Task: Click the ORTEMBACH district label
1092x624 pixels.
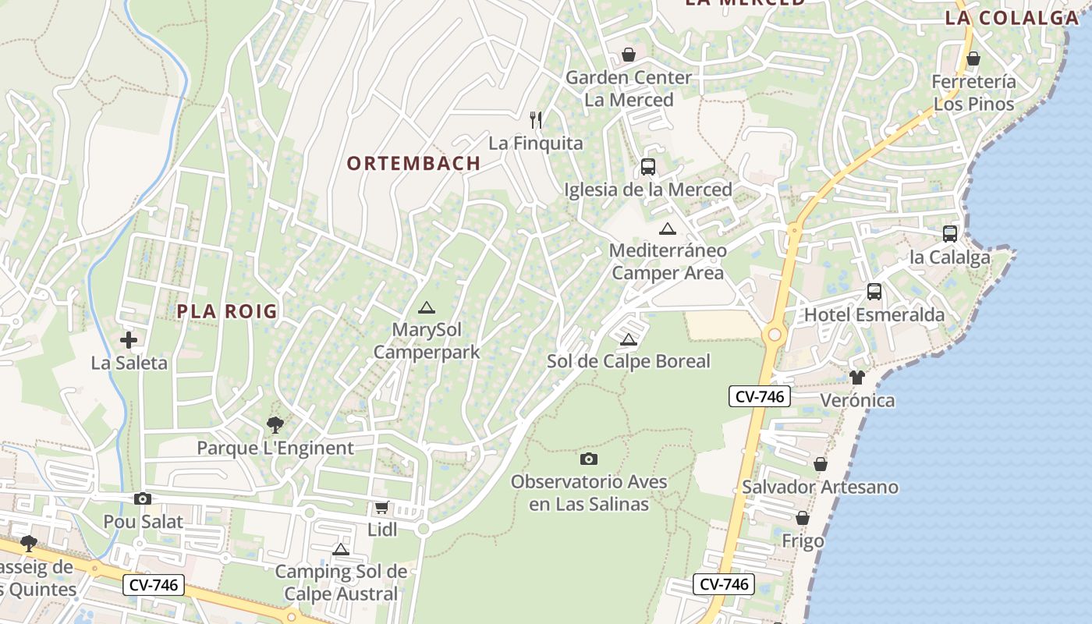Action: (413, 163)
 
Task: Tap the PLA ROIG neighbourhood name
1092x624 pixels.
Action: (227, 311)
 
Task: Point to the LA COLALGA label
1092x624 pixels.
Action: (1012, 18)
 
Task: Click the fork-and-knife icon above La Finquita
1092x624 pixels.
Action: (536, 119)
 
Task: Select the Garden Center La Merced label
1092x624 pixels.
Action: (629, 88)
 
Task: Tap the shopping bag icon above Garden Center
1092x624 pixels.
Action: (628, 55)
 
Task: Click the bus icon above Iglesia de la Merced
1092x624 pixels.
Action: (648, 166)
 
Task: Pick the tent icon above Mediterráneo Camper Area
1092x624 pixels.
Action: (667, 229)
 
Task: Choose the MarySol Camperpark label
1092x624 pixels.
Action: (427, 341)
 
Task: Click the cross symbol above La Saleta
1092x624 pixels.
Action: (129, 340)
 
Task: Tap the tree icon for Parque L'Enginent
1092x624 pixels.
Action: (275, 425)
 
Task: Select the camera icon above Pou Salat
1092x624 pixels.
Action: (143, 498)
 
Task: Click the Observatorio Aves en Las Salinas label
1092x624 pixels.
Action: (589, 492)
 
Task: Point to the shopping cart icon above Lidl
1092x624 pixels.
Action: (381, 508)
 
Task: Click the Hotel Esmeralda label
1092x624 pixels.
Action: (874, 315)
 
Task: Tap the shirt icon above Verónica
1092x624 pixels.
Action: (857, 378)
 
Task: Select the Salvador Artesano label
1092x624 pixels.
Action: (820, 487)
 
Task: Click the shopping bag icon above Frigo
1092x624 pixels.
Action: (802, 519)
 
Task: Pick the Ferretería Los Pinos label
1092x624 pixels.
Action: (974, 93)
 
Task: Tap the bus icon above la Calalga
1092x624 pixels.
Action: (950, 233)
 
